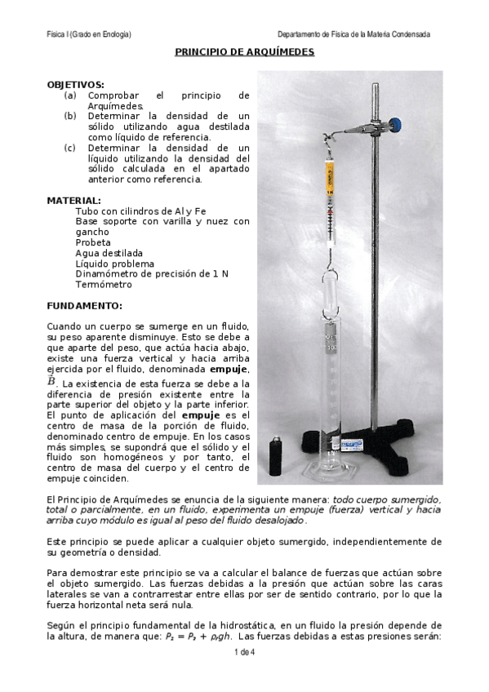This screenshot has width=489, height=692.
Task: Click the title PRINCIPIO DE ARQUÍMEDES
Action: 245,52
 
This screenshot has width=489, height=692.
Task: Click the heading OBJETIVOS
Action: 75,85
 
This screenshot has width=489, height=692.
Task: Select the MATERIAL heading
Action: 74,200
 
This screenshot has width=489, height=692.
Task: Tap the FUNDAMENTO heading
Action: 84,307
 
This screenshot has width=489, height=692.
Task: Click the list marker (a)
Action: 70,95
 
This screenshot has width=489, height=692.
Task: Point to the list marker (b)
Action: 70,117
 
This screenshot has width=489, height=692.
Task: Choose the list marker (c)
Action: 70,148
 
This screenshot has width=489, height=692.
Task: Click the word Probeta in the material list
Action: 93,243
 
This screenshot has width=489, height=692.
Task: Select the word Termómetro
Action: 103,285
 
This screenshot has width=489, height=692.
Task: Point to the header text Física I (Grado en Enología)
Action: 90,34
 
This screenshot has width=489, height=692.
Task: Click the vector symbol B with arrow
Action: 52,381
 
